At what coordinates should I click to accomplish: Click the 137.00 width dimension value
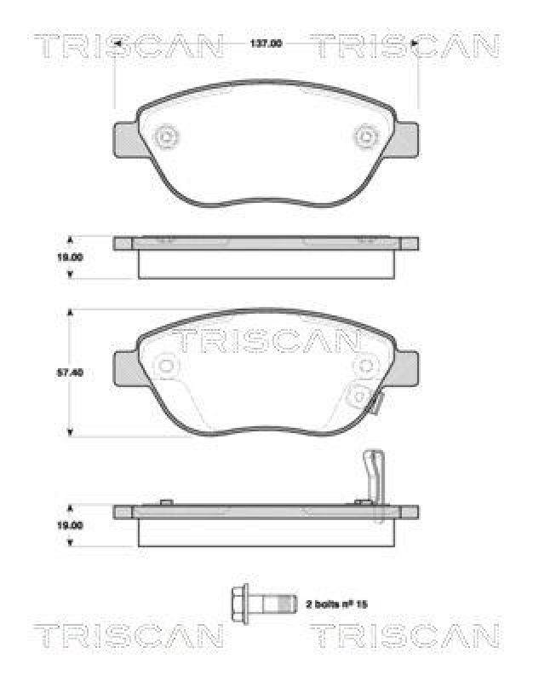266,43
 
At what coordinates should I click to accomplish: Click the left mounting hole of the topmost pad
166,136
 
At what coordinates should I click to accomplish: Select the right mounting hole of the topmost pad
367,136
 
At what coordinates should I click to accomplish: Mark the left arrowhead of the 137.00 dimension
118,43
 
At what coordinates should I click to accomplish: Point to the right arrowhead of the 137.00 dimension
414,43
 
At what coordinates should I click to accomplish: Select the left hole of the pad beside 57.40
166,367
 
